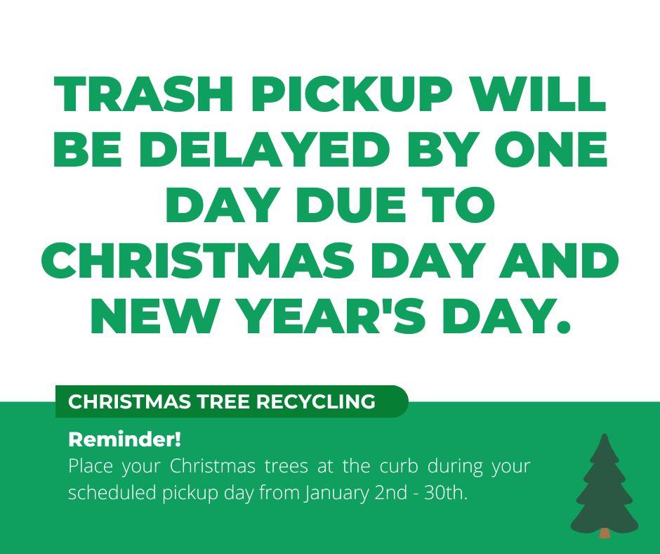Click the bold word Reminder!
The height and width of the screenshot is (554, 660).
coord(124,441)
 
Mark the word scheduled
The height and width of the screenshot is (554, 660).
coord(113,493)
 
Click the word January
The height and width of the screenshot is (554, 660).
coord(334,493)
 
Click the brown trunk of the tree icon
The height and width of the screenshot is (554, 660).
coord(605,534)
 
